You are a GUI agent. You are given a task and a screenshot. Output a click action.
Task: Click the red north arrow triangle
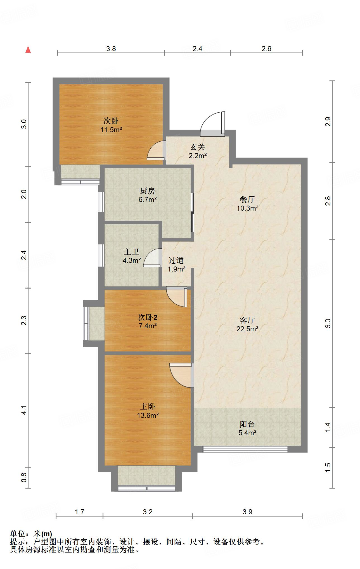28,50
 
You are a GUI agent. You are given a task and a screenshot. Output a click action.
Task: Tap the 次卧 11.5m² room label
111,125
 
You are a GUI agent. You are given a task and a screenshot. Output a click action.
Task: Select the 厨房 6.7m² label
147,195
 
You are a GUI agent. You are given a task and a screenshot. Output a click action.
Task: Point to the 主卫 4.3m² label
131,256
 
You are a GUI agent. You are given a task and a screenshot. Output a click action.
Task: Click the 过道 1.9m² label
176,265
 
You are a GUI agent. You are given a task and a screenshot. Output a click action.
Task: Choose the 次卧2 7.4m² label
147,321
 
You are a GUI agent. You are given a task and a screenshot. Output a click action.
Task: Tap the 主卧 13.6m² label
148,411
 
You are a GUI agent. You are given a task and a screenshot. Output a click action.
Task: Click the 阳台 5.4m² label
247,428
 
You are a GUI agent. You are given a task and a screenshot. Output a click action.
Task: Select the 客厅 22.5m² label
247,324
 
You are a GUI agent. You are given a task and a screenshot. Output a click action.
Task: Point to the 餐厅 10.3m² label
247,204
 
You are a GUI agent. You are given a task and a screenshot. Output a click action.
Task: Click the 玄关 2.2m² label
198,151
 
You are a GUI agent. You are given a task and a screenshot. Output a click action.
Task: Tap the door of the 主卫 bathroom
153,258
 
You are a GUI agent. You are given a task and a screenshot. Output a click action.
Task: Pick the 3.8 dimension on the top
111,49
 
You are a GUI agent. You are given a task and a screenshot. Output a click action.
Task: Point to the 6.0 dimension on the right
328,323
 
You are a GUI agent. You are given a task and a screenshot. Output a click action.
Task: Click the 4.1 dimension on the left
24,410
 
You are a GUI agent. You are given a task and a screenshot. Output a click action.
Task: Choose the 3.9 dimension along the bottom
247,512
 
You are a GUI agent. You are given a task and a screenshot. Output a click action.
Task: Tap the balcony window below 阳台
245,449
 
